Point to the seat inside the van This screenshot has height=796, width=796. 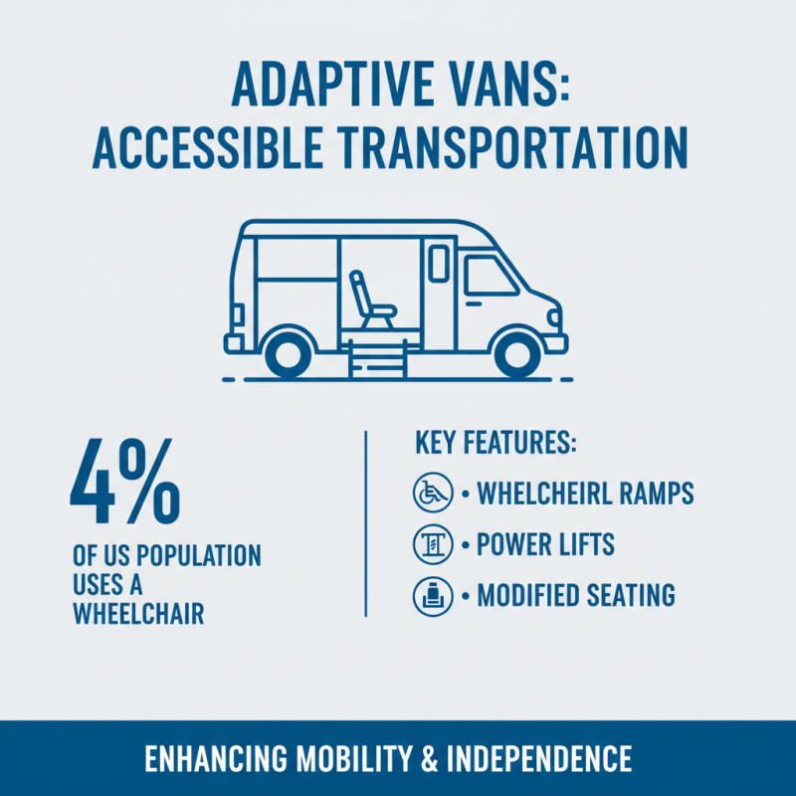(375, 299)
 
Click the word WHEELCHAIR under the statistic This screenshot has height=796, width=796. (138, 614)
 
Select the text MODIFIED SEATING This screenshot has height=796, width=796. (576, 596)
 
